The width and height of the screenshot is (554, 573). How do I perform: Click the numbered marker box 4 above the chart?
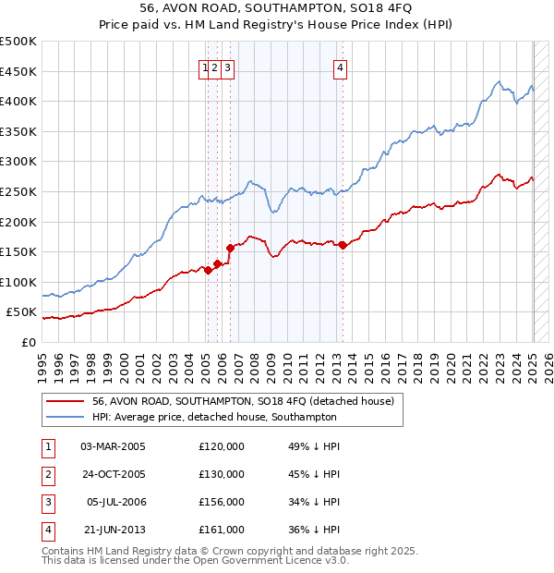(x=341, y=66)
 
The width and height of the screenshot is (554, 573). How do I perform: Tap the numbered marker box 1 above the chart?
(x=204, y=66)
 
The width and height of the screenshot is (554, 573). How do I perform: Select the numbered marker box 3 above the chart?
(x=227, y=66)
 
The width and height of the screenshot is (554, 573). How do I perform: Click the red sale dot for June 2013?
(x=343, y=245)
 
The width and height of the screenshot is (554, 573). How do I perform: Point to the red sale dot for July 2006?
(x=230, y=247)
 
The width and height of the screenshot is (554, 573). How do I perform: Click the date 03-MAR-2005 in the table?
(x=113, y=445)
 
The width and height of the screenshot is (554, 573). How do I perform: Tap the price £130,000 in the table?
(x=222, y=474)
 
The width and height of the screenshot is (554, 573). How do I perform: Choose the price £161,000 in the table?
(x=222, y=530)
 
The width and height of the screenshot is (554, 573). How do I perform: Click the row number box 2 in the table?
(x=47, y=474)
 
